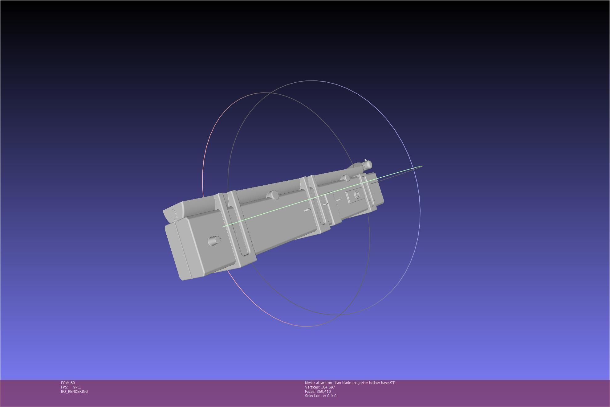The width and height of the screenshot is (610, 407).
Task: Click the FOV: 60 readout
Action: click(x=68, y=383)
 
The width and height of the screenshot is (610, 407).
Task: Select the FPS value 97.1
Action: click(x=77, y=387)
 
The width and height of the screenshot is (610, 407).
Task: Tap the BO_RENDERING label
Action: click(x=74, y=391)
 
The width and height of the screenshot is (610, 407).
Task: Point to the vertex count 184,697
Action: click(x=328, y=387)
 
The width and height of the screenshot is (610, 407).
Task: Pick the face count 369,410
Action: click(x=323, y=391)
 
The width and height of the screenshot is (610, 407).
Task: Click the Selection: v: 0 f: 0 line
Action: click(x=320, y=396)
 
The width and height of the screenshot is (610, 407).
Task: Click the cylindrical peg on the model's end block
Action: click(x=214, y=240)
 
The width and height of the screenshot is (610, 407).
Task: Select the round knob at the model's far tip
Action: click(x=368, y=165)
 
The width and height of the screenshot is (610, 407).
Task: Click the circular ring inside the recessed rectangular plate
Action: click(x=357, y=195)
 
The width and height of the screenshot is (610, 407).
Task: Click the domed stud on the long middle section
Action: click(x=274, y=195)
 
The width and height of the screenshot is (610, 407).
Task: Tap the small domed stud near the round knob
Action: click(x=346, y=178)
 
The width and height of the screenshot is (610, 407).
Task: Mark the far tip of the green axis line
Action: click(x=422, y=166)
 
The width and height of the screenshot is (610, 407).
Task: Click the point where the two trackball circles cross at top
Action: click(x=271, y=93)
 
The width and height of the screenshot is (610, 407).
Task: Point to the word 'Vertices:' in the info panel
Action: click(x=312, y=387)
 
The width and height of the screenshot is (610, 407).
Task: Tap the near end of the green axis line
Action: click(x=222, y=227)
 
